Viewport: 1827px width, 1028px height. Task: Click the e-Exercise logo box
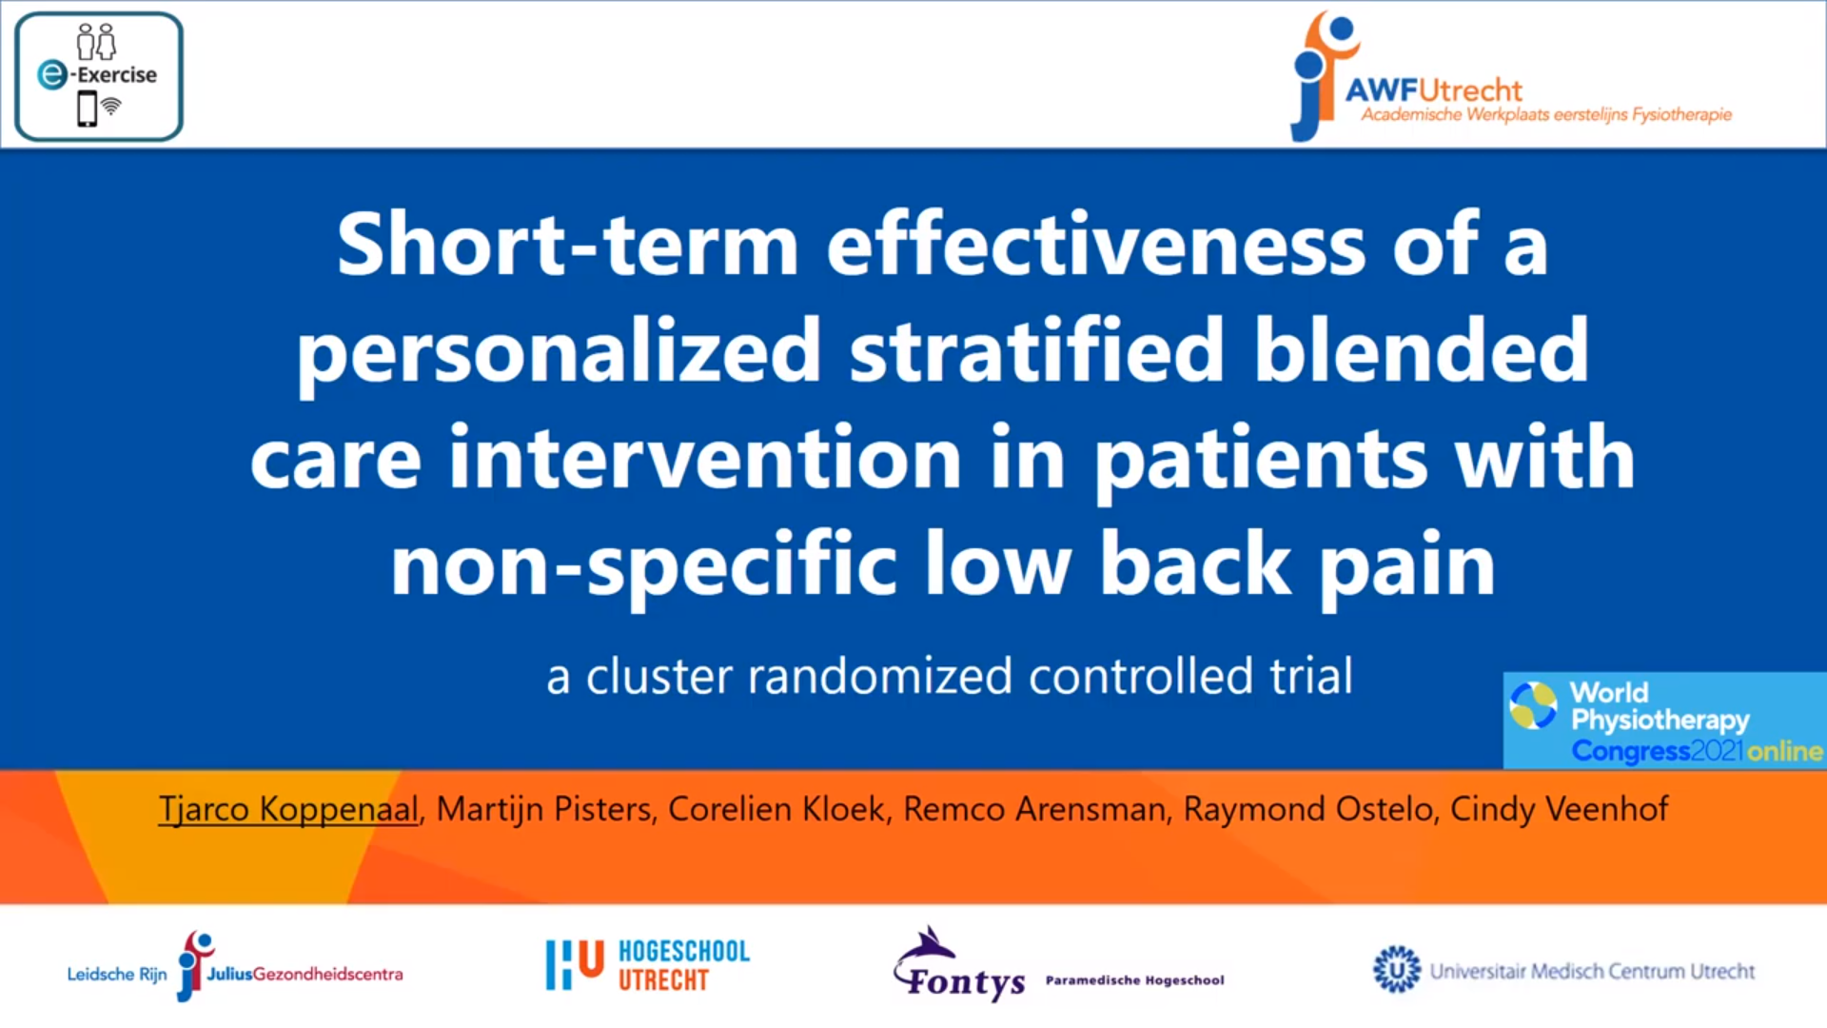click(x=99, y=77)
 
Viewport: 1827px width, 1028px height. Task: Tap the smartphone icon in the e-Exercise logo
click(x=88, y=109)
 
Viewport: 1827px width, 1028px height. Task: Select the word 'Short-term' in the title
click(x=567, y=245)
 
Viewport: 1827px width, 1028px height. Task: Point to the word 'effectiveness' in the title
click(x=1096, y=244)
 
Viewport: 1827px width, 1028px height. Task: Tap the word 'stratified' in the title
click(x=1036, y=349)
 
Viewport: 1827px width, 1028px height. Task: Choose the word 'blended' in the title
click(x=1421, y=349)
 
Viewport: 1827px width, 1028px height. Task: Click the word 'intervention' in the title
click(x=705, y=457)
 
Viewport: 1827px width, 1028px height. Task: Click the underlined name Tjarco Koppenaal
click(x=288, y=810)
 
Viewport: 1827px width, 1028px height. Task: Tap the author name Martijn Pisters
click(x=543, y=810)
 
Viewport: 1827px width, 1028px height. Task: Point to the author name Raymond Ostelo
click(x=1307, y=809)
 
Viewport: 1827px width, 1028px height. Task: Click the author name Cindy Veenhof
click(x=1559, y=809)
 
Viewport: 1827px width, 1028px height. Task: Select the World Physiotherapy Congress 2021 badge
click(x=1664, y=721)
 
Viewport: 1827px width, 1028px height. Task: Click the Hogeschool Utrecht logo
click(x=648, y=965)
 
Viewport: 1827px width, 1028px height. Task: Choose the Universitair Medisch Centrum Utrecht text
click(x=1592, y=971)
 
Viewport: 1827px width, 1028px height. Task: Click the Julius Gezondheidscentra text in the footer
click(x=304, y=974)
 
